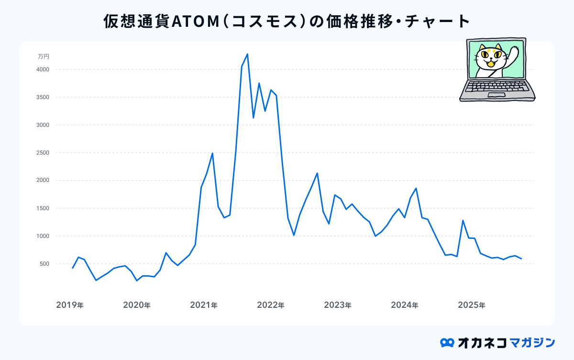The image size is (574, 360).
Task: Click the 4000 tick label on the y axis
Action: tap(43, 70)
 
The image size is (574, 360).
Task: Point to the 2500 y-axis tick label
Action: tap(43, 153)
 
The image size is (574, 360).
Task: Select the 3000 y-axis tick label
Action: tap(43, 125)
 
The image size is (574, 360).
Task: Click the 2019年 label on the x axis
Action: tap(70, 305)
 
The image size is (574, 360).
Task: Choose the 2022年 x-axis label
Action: tap(271, 305)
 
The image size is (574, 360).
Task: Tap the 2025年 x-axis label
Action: tap(472, 305)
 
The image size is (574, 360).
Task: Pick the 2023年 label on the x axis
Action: tap(338, 305)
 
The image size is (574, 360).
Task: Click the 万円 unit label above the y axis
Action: tap(44, 56)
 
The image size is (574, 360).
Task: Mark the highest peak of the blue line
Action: tap(247, 54)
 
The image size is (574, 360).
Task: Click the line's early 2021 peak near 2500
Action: tap(212, 153)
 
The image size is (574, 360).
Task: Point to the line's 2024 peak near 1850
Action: tap(416, 188)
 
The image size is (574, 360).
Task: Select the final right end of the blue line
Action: tap(521, 259)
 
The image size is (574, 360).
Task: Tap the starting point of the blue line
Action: tap(73, 268)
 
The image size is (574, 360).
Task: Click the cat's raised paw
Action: tap(515, 51)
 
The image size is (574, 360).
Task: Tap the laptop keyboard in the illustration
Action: tap(497, 87)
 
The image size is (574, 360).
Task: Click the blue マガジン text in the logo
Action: tap(532, 343)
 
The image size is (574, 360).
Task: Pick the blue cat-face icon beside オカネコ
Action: tap(447, 343)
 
